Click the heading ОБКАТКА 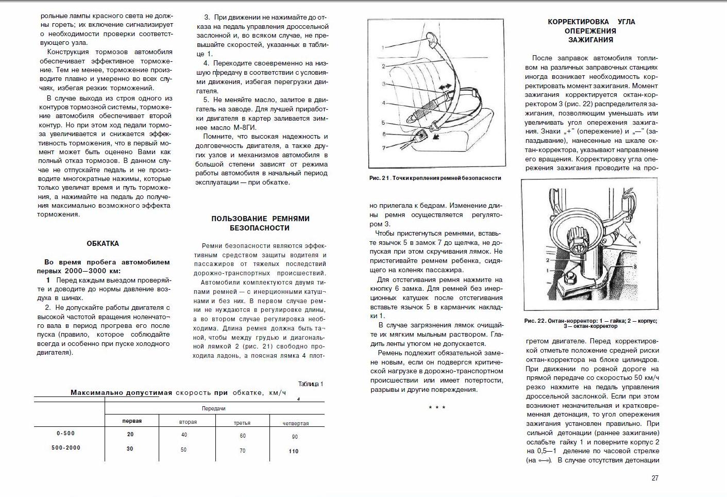click(x=103, y=243)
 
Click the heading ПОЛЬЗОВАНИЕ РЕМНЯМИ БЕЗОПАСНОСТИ click(x=260, y=223)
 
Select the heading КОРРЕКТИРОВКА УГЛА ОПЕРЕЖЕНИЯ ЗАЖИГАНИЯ click(x=591, y=30)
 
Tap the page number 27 click(x=655, y=478)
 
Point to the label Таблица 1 click(x=311, y=384)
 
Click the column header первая click(x=132, y=421)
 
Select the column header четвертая click(x=296, y=423)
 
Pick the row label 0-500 click(x=66, y=434)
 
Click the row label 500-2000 click(x=66, y=448)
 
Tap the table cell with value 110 click(x=294, y=451)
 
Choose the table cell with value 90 click(x=295, y=437)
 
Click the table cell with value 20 click(x=130, y=435)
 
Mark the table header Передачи click(x=213, y=408)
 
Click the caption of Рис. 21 click(x=435, y=178)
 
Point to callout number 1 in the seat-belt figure click(x=383, y=47)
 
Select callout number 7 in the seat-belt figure click(x=383, y=148)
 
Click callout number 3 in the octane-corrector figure click(x=635, y=266)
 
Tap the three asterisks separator click(x=437, y=408)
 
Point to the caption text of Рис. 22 click(x=590, y=323)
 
